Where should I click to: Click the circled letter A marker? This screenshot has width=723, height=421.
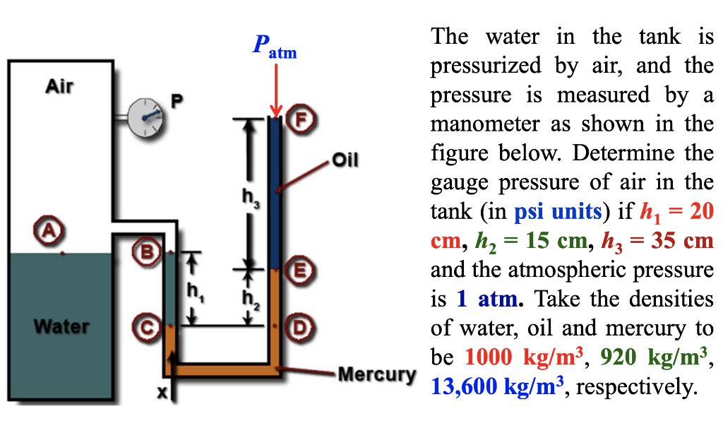click(x=49, y=230)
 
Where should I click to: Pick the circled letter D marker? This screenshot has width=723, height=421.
click(x=301, y=327)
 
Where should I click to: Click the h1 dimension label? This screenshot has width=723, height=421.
click(x=193, y=290)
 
